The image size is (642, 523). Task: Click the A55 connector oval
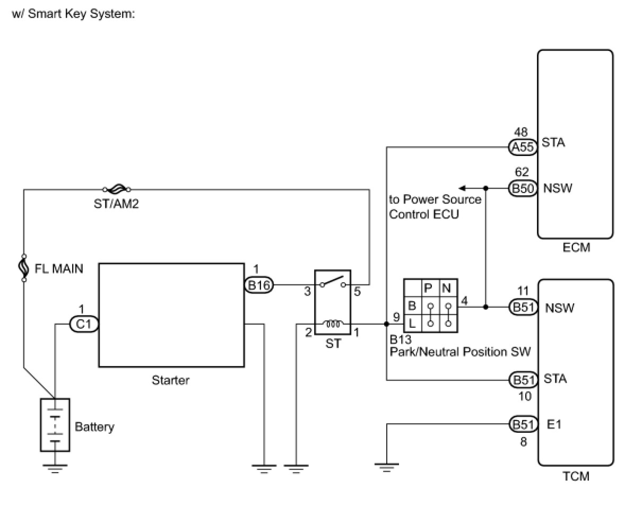pos(522,147)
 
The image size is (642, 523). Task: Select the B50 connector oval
pos(522,188)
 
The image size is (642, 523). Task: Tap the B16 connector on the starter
pos(259,285)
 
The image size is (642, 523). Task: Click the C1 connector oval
pos(84,324)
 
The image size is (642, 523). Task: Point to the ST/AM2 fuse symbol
pos(117,189)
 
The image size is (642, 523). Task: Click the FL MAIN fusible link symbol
pos(24,268)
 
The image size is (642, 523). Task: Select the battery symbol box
pos(55,425)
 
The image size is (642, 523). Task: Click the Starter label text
pos(170,380)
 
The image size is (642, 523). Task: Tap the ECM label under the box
pos(576,248)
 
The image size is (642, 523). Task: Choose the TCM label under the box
pos(576,477)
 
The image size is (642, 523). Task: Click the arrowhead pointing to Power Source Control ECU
pos(462,188)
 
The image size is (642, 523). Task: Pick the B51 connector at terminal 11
pos(523,307)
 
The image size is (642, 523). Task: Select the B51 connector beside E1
pos(523,424)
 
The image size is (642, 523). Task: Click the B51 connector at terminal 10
pos(523,380)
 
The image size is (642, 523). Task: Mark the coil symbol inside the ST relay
pos(333,324)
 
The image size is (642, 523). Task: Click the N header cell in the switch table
pos(448,289)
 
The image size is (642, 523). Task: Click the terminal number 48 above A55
pos(521,132)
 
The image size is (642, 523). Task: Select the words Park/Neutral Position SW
pos(460,352)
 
